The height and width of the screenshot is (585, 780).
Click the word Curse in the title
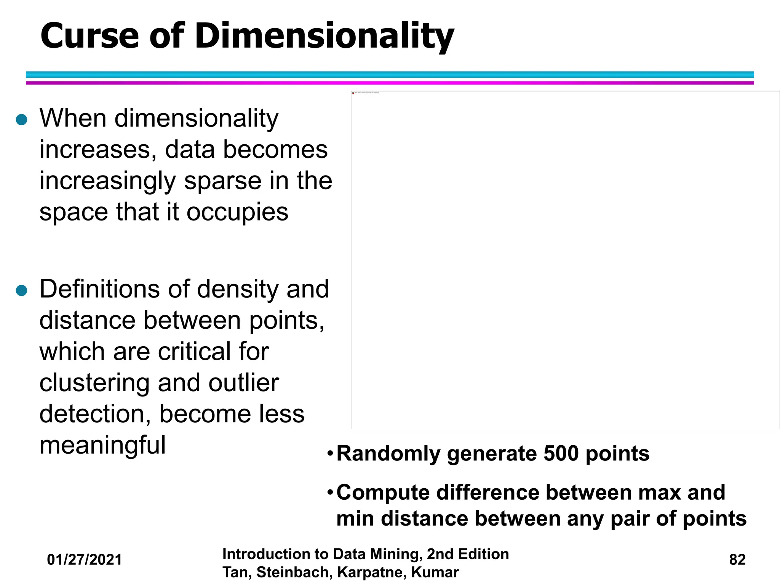click(90, 36)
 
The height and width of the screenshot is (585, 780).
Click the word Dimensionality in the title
click(324, 37)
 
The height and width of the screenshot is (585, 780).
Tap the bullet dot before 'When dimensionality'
click(22, 120)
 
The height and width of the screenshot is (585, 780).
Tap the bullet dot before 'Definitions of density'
click(22, 291)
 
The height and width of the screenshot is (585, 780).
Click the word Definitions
click(115, 289)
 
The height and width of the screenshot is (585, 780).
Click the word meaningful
click(102, 445)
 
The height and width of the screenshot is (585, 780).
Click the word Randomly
click(388, 454)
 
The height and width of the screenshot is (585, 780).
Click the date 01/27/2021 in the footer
click(85, 560)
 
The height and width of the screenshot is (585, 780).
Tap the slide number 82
click(737, 560)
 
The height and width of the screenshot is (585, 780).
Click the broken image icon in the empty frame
click(353, 93)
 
